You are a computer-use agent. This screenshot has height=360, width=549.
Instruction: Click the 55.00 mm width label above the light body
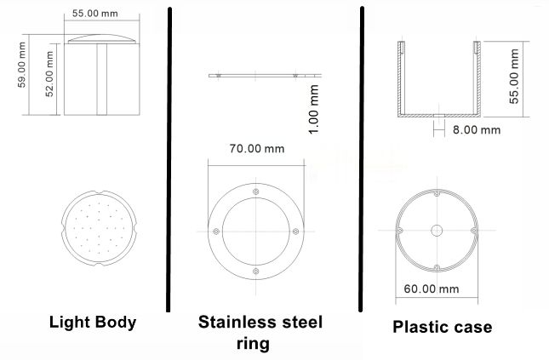pos(94,14)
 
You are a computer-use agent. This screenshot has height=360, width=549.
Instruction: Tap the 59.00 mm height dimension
pos(22,65)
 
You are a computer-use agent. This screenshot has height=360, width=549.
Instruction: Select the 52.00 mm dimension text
pos(49,74)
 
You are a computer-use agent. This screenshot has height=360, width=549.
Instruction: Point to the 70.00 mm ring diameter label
pos(257,148)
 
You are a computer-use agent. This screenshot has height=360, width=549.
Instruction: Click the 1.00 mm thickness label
pos(314,109)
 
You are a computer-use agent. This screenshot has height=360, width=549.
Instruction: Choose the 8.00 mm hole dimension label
pos(477,130)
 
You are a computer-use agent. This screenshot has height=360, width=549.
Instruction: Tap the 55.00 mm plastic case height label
pos(514,77)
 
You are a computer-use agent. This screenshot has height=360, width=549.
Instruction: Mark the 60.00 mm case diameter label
pos(432,289)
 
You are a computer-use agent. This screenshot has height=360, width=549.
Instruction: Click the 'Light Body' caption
pos(93,323)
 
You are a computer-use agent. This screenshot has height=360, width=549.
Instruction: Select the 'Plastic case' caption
pos(443,327)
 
